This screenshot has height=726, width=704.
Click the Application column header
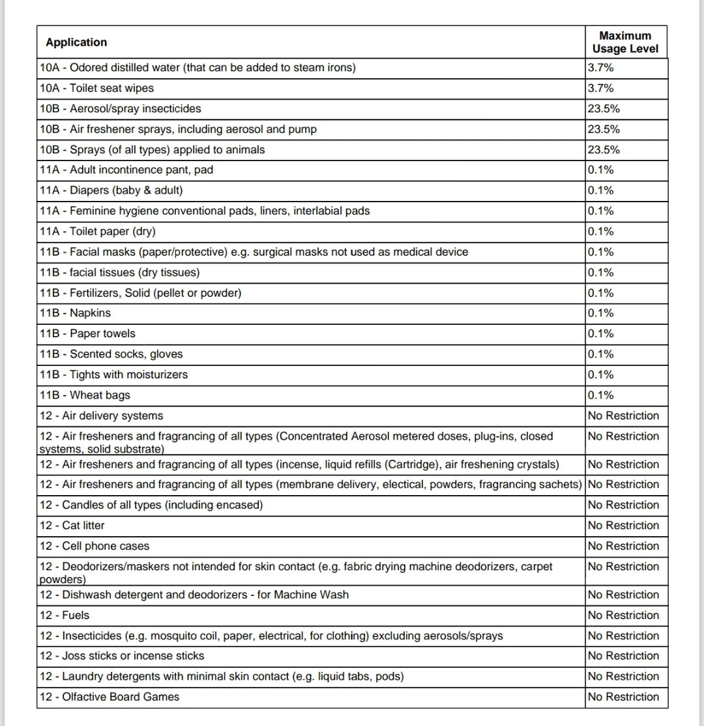click(x=76, y=42)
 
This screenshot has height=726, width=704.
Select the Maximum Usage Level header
click(x=625, y=42)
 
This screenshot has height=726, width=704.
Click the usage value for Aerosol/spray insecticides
click(x=604, y=109)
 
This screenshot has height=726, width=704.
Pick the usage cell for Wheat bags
click(x=600, y=395)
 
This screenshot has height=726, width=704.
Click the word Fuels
click(x=76, y=615)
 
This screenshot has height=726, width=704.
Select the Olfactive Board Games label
click(x=109, y=697)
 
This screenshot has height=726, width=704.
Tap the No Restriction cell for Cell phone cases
click(x=623, y=546)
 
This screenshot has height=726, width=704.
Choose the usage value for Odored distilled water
click(x=600, y=68)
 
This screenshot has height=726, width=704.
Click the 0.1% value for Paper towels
click(x=600, y=334)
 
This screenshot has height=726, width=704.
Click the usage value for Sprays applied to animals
click(x=604, y=150)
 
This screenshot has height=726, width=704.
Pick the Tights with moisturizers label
click(x=113, y=375)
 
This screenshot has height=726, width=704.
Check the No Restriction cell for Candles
click(x=623, y=505)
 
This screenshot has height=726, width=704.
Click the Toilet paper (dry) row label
click(x=97, y=232)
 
